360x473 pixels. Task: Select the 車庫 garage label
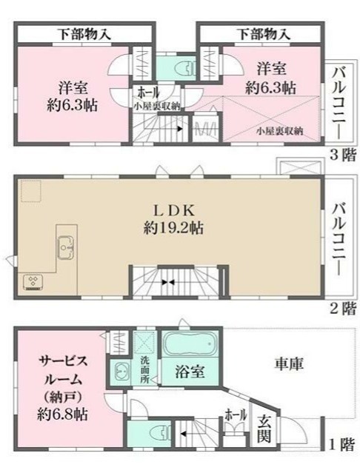[x=287, y=365]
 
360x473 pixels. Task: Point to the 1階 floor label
[x=341, y=445]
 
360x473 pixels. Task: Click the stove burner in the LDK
[x=34, y=280]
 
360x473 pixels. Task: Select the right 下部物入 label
[x=264, y=33]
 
